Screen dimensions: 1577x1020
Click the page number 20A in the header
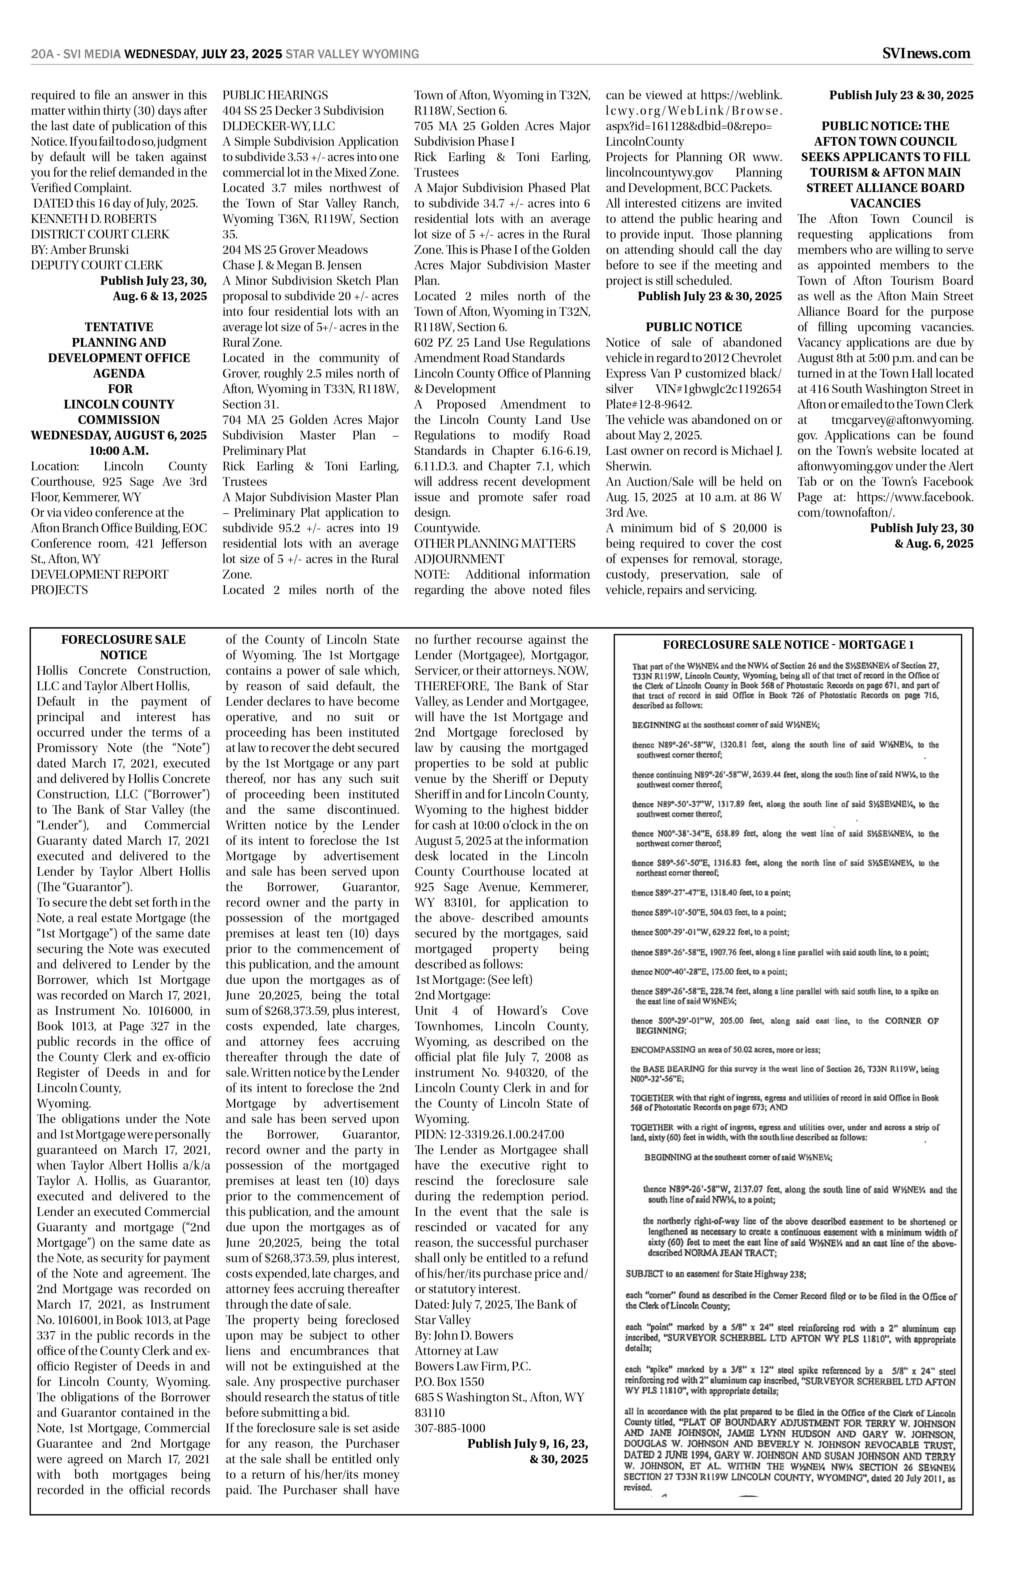(x=42, y=54)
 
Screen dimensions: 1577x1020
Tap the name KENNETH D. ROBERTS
(x=93, y=219)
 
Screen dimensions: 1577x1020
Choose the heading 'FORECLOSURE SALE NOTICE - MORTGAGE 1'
(x=788, y=645)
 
